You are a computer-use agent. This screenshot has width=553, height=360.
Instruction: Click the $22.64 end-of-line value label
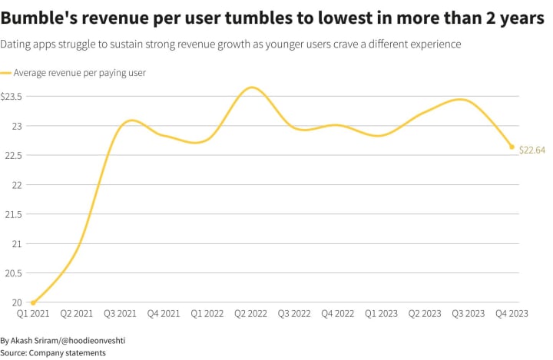pos(531,150)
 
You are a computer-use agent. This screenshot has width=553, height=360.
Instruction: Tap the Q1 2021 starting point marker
pos(33,302)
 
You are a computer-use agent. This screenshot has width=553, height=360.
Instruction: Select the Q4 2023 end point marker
pos(512,147)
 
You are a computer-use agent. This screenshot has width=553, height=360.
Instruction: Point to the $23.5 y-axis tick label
pos(11,97)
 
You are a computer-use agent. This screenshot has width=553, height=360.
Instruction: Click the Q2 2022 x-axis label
pos(250,313)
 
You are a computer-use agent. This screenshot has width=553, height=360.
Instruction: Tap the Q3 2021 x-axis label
pos(120,313)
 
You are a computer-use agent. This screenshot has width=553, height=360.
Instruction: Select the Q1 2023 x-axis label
pos(381,313)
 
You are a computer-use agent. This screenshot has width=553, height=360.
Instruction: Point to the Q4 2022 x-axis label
pos(337,313)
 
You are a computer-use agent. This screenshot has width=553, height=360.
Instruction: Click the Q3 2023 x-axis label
pos(468,313)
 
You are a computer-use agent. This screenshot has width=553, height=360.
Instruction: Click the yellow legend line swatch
pos(6,74)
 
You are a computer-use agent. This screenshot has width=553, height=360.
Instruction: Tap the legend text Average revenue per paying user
pos(80,74)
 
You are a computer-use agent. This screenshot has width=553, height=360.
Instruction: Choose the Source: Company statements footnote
pos(53,352)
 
